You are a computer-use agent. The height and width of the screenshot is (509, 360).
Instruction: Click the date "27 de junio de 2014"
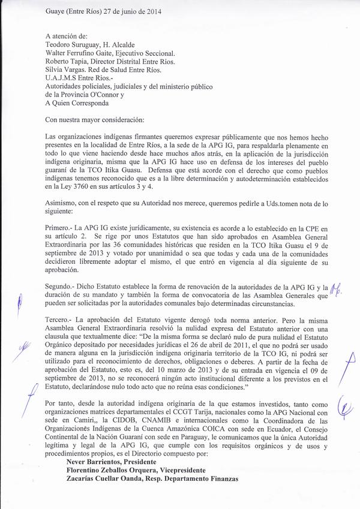point(133,11)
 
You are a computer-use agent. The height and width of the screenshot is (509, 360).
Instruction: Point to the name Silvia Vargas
point(64,69)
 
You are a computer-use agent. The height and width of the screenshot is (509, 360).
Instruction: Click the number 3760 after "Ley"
point(78,186)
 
